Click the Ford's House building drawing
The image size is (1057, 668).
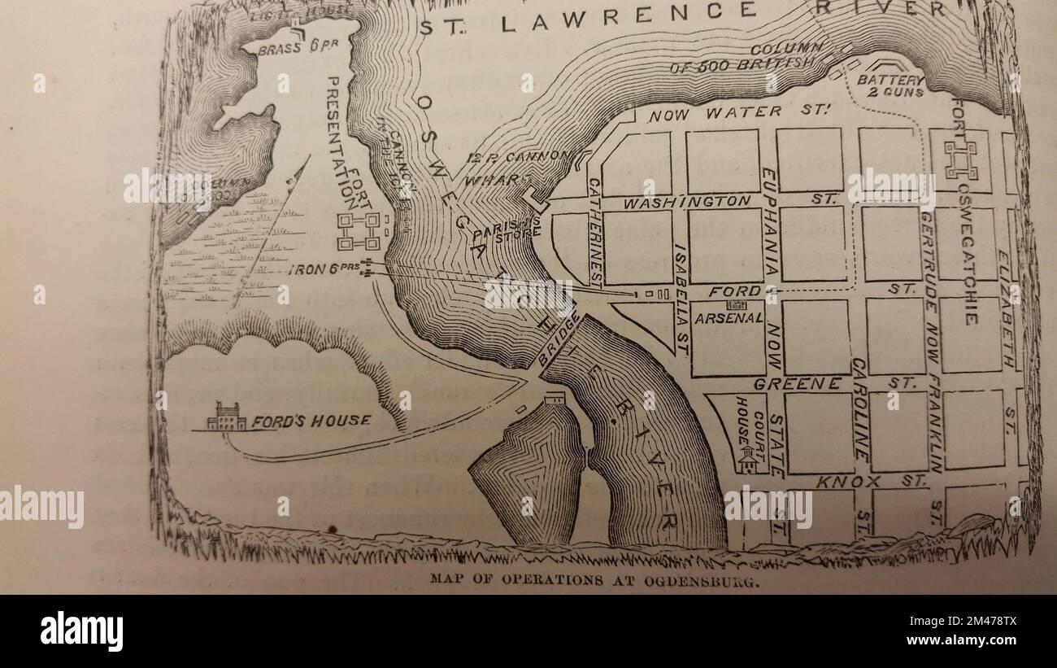(226, 417)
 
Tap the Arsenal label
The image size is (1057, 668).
(729, 318)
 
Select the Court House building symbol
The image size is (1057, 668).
(746, 461)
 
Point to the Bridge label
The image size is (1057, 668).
(561, 340)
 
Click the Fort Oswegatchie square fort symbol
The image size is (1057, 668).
(960, 159)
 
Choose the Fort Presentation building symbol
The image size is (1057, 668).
(359, 232)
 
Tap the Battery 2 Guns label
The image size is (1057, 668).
(891, 86)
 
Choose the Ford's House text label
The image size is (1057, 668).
(311, 421)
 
